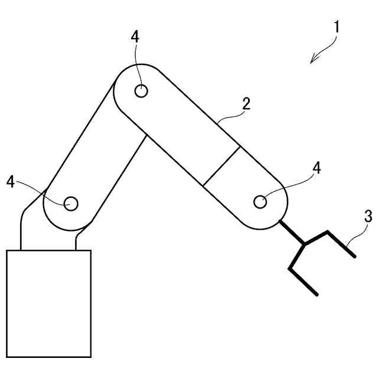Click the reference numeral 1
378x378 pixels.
click(x=336, y=27)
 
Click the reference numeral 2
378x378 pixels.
click(x=246, y=105)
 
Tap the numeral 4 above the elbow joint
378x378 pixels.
click(x=135, y=36)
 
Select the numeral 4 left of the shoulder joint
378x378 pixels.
click(x=11, y=181)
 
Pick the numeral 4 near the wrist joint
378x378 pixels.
click(x=317, y=168)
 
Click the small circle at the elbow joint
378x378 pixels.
click(x=141, y=91)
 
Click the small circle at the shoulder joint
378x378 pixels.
click(x=71, y=203)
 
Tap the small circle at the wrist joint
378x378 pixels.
click(x=259, y=202)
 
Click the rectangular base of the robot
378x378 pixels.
click(x=48, y=302)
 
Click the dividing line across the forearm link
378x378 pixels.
click(x=221, y=167)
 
